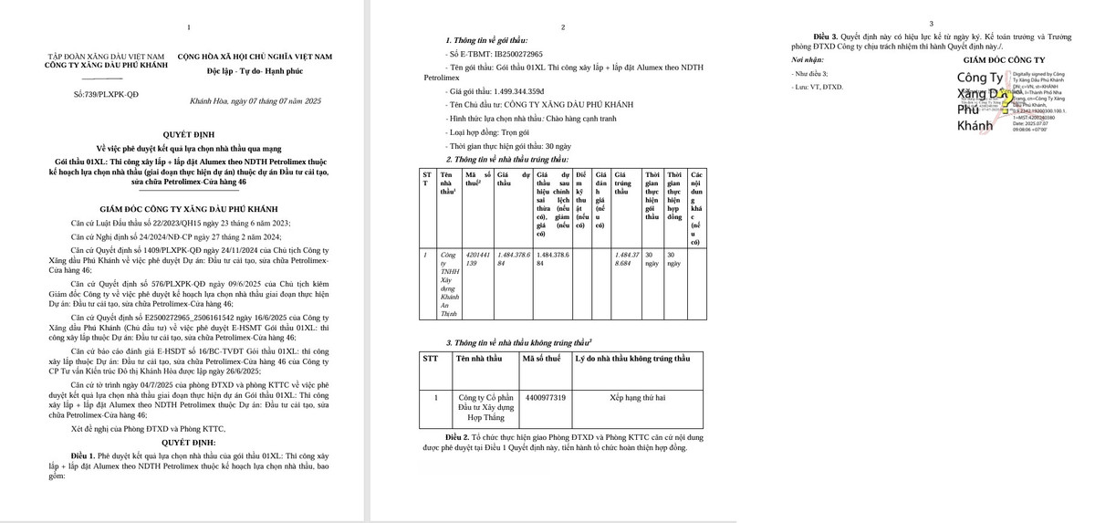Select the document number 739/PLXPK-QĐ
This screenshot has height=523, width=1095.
(x=106, y=94)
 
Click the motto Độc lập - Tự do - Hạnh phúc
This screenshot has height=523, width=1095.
(x=255, y=70)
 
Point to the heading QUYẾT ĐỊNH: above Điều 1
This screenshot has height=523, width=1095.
(x=189, y=441)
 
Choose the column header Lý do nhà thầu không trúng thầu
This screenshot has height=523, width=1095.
(x=632, y=359)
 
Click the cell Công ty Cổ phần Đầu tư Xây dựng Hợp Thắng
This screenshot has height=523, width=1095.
(x=486, y=407)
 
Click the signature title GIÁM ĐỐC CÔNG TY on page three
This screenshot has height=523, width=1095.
(x=1004, y=59)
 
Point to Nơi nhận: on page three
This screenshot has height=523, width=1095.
(x=808, y=59)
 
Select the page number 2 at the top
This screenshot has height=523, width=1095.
(x=562, y=27)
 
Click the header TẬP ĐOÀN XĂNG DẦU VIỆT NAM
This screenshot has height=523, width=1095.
(x=106, y=57)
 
